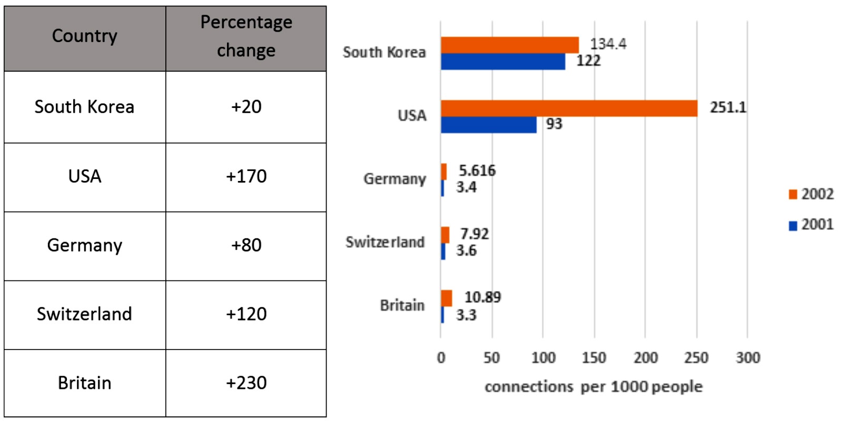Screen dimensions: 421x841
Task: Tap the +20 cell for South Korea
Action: (x=246, y=107)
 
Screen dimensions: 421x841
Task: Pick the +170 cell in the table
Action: (x=246, y=176)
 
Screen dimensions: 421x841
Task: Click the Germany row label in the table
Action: (x=85, y=245)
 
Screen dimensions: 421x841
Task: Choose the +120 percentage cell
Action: (x=246, y=314)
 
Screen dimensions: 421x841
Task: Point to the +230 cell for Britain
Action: (x=246, y=383)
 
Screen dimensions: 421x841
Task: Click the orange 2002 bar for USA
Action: (x=569, y=108)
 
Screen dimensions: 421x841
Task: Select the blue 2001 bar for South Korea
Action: (x=503, y=62)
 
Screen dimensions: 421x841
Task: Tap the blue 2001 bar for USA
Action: (x=489, y=125)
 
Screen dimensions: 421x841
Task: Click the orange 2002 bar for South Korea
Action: (x=510, y=45)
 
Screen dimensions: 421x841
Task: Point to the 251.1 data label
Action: (x=728, y=107)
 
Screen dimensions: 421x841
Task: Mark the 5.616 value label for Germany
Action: (x=477, y=171)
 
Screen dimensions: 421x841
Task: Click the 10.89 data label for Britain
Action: (x=482, y=297)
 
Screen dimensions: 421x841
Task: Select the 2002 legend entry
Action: (x=812, y=194)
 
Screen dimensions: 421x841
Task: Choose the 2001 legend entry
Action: (x=812, y=225)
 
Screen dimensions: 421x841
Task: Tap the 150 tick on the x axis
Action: (x=594, y=358)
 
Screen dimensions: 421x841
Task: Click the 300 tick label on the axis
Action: (x=748, y=358)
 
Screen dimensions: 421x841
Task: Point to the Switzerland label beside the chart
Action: (x=385, y=242)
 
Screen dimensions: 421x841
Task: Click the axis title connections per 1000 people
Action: (x=593, y=387)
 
